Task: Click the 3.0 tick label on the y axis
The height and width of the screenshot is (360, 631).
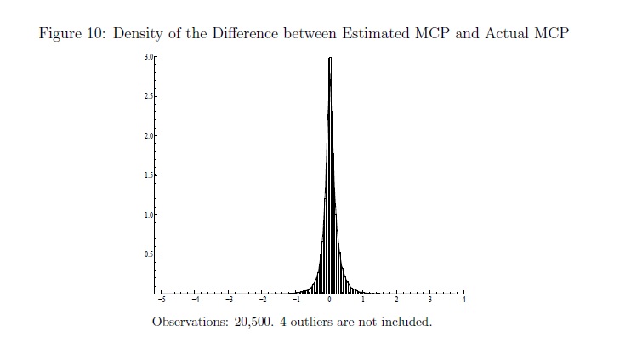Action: click(x=147, y=57)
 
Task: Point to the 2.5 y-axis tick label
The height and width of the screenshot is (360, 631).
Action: click(x=147, y=97)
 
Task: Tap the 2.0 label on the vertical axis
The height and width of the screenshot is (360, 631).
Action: click(x=147, y=136)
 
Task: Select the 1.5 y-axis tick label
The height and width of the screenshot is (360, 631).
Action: click(x=147, y=175)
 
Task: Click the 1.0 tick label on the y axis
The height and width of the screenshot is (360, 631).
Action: click(x=147, y=214)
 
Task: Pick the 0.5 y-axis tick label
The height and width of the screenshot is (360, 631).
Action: click(x=147, y=254)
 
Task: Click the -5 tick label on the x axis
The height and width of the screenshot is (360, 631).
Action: click(x=162, y=300)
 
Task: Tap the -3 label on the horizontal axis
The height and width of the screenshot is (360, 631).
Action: click(x=228, y=300)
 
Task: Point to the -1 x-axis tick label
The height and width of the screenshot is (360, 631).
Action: click(x=295, y=300)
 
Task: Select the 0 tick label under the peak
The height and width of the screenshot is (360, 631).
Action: click(x=329, y=300)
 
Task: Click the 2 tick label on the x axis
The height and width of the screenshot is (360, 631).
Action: click(x=396, y=300)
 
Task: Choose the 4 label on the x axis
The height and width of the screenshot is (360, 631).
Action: click(x=463, y=300)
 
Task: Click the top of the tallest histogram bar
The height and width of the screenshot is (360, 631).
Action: click(x=329, y=59)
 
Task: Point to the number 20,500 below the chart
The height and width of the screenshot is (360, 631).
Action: click(x=252, y=323)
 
